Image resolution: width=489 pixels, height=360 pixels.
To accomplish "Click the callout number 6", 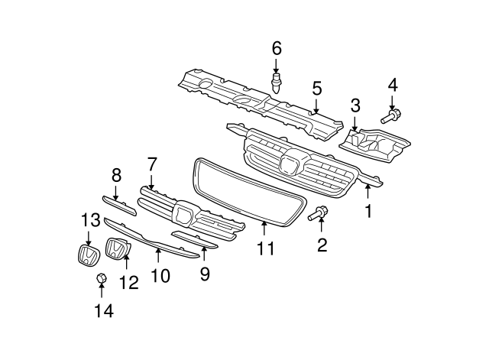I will coord(277,49).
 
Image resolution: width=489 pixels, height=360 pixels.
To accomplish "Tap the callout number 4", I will coord(393,84).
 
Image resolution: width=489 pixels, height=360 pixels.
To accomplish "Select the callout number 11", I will coord(264,248).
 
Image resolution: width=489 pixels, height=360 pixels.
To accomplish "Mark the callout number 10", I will coord(160,274).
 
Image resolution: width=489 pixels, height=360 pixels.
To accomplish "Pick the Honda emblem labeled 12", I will coord(115,250).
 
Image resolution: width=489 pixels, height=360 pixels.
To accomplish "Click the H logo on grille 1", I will coord(290,165).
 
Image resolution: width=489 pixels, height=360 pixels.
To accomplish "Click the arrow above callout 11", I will coord(264,226).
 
